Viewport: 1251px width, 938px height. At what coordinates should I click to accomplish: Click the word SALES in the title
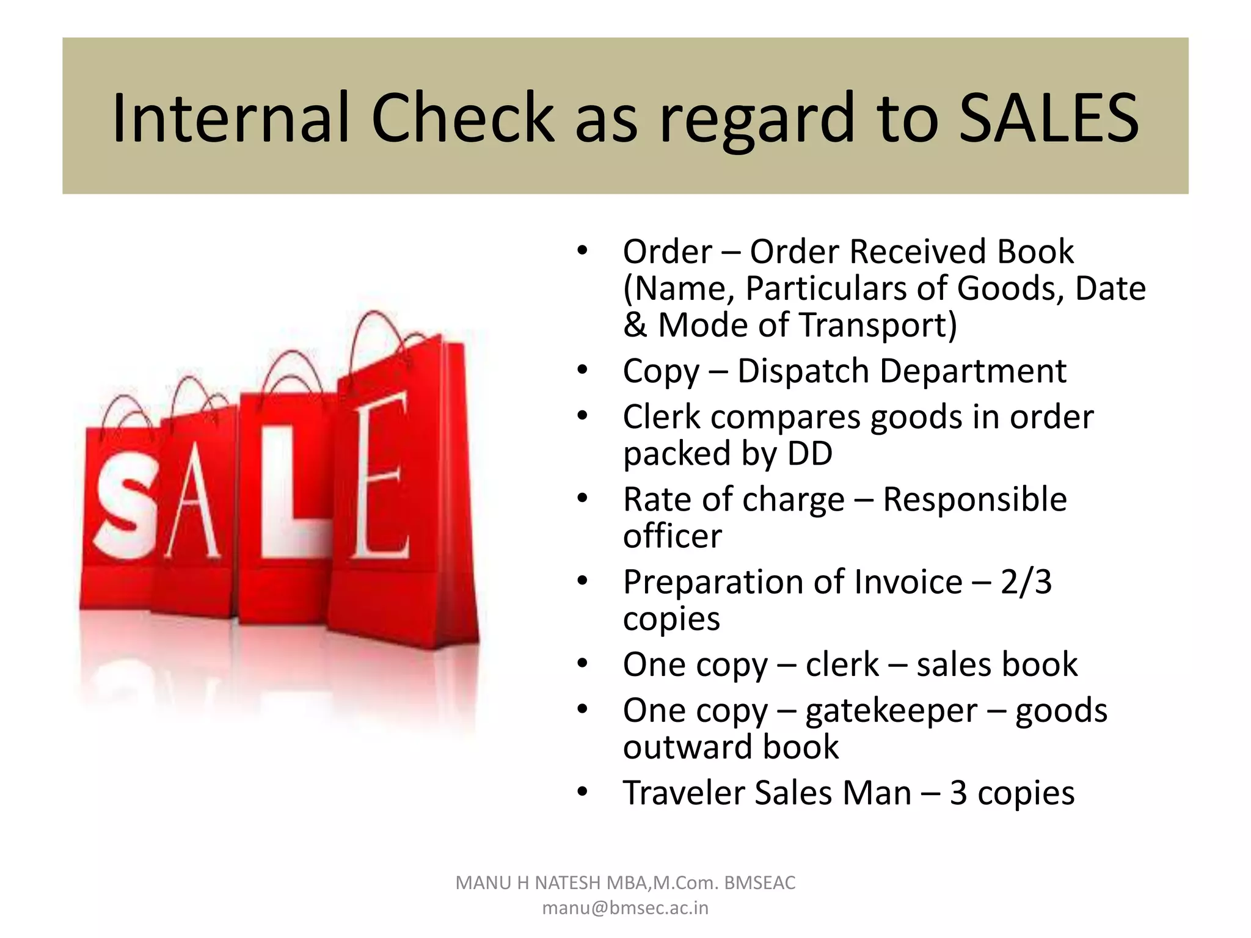(x=1048, y=117)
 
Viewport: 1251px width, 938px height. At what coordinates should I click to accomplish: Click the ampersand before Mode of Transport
(x=635, y=324)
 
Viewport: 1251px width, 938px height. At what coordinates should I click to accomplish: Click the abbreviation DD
(x=810, y=453)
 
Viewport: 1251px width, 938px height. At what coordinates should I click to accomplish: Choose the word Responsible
(x=975, y=499)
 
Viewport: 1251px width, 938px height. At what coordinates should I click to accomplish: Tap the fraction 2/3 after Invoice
(x=1026, y=581)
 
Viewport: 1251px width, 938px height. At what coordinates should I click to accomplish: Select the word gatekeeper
(x=891, y=711)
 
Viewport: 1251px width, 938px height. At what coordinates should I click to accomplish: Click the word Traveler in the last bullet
(x=683, y=793)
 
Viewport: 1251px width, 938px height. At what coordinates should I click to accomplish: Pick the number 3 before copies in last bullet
(x=958, y=793)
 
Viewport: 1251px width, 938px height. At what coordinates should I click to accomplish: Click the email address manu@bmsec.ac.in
(x=625, y=908)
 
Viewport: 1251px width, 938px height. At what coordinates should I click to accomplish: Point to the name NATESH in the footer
(x=567, y=883)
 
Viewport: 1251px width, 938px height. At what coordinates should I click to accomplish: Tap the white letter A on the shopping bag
(x=193, y=498)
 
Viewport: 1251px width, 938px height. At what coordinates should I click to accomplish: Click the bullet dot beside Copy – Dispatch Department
(x=582, y=370)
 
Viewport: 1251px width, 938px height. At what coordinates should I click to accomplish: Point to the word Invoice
(x=908, y=581)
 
